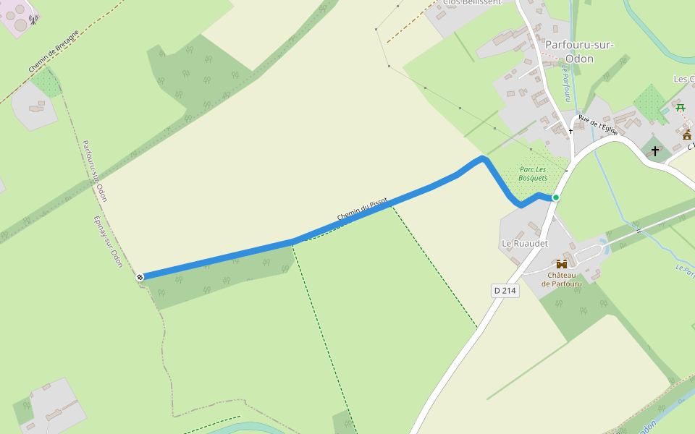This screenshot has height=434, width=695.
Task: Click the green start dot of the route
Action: (x=556, y=197)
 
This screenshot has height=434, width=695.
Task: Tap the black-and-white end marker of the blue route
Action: (x=140, y=277)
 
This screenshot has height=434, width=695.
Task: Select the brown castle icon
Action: (x=561, y=264)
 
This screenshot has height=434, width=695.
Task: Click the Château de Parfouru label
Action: (x=561, y=279)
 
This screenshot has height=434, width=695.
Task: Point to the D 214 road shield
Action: (x=505, y=291)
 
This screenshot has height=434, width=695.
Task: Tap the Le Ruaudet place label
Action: (x=524, y=244)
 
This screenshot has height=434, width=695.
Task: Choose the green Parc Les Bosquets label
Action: (x=533, y=174)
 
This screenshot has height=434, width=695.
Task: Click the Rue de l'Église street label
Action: (x=598, y=126)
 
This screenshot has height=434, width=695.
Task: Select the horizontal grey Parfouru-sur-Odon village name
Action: (x=579, y=51)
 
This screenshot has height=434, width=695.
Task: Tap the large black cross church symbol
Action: (x=655, y=150)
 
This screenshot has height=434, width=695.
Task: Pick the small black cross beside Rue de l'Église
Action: (x=570, y=131)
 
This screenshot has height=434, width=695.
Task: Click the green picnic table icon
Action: (x=681, y=108)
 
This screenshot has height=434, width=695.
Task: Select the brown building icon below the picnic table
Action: (x=687, y=135)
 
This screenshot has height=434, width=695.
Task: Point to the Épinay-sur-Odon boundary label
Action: (x=108, y=242)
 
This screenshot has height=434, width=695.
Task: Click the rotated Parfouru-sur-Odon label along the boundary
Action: (x=95, y=171)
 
